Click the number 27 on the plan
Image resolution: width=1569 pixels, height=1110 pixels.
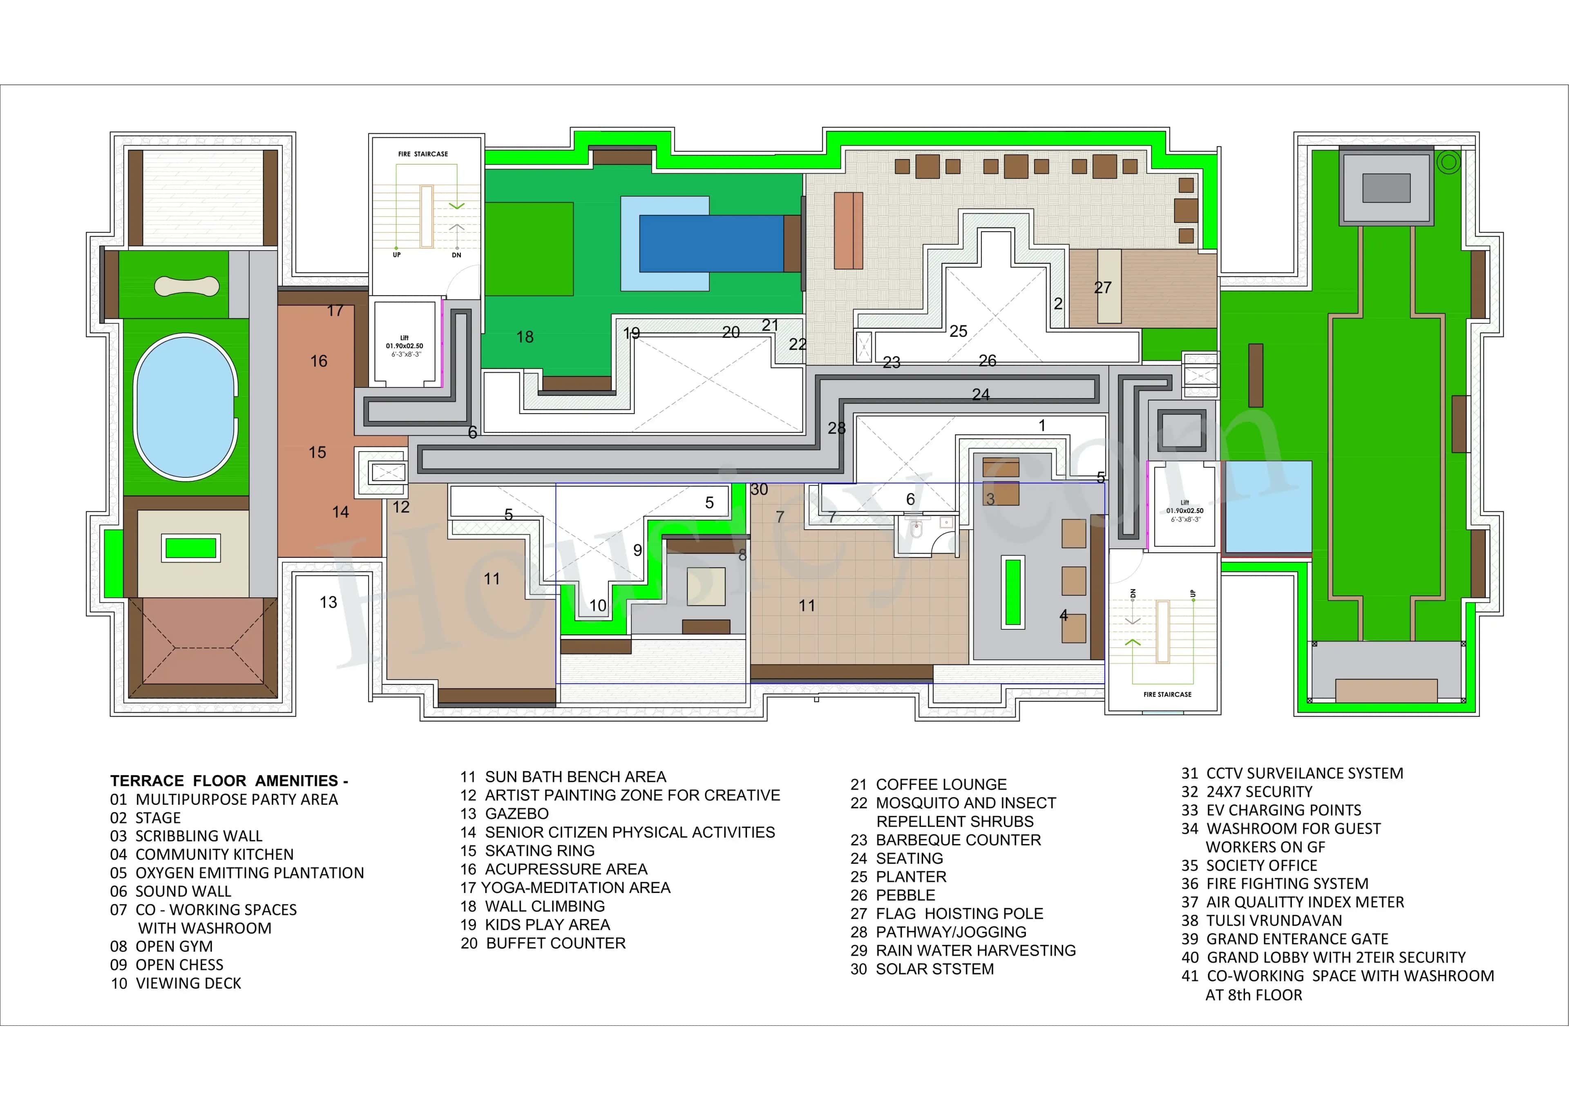pyautogui.click(x=1102, y=288)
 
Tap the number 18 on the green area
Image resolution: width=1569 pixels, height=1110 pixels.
pyautogui.click(x=525, y=337)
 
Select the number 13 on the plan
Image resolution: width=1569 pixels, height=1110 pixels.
pyautogui.click(x=329, y=602)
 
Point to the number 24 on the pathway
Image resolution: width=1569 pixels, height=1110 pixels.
pyautogui.click(x=981, y=394)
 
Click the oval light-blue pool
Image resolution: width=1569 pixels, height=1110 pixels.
pyautogui.click(x=185, y=405)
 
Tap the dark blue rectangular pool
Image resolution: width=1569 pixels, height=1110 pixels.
pyautogui.click(x=711, y=243)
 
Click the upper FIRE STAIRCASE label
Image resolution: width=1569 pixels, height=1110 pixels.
pyautogui.click(x=423, y=154)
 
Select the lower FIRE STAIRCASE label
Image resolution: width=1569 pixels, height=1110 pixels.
pyautogui.click(x=1167, y=694)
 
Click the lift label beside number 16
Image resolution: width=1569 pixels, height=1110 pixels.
pyautogui.click(x=405, y=346)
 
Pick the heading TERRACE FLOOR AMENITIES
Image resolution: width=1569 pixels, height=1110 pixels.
pyautogui.click(x=229, y=781)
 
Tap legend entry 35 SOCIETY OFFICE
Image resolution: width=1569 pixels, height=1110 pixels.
pyautogui.click(x=1249, y=865)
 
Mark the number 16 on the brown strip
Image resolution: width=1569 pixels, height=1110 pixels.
pyautogui.click(x=319, y=361)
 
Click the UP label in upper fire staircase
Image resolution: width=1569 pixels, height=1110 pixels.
pyautogui.click(x=396, y=255)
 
